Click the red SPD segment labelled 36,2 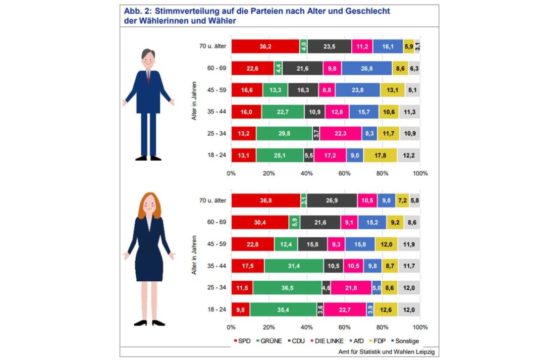click(265, 46)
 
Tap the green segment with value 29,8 click(284, 133)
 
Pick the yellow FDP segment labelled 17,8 click(380, 155)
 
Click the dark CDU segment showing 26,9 click(332, 200)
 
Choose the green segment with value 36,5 click(287, 287)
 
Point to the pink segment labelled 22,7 click(345, 309)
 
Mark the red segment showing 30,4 click(260, 222)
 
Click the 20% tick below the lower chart click(269, 327)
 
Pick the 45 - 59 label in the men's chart click(216, 90)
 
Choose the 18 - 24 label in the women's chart click(216, 309)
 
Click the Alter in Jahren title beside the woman click(194, 254)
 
